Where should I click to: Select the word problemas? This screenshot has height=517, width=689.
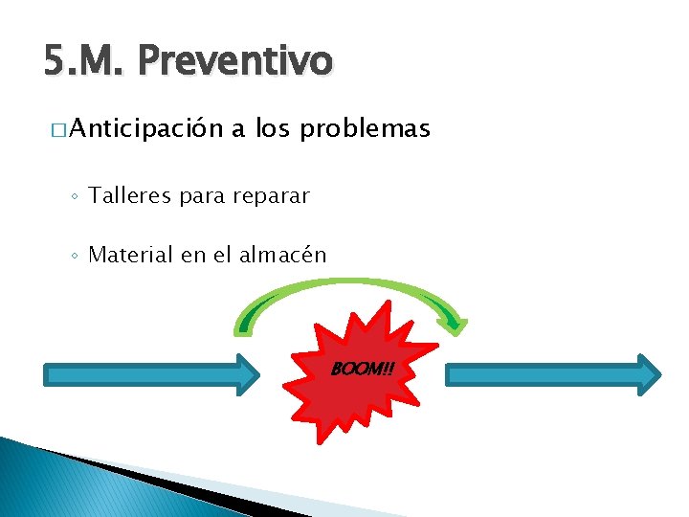pos(366,129)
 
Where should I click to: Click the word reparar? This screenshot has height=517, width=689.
pos(270,197)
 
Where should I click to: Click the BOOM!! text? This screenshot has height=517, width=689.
pos(362,369)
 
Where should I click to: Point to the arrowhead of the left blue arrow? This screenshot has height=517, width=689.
pos(248,374)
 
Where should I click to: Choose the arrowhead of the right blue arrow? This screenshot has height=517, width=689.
pos(650,374)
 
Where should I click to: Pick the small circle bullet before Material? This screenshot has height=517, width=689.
pos(75,257)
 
